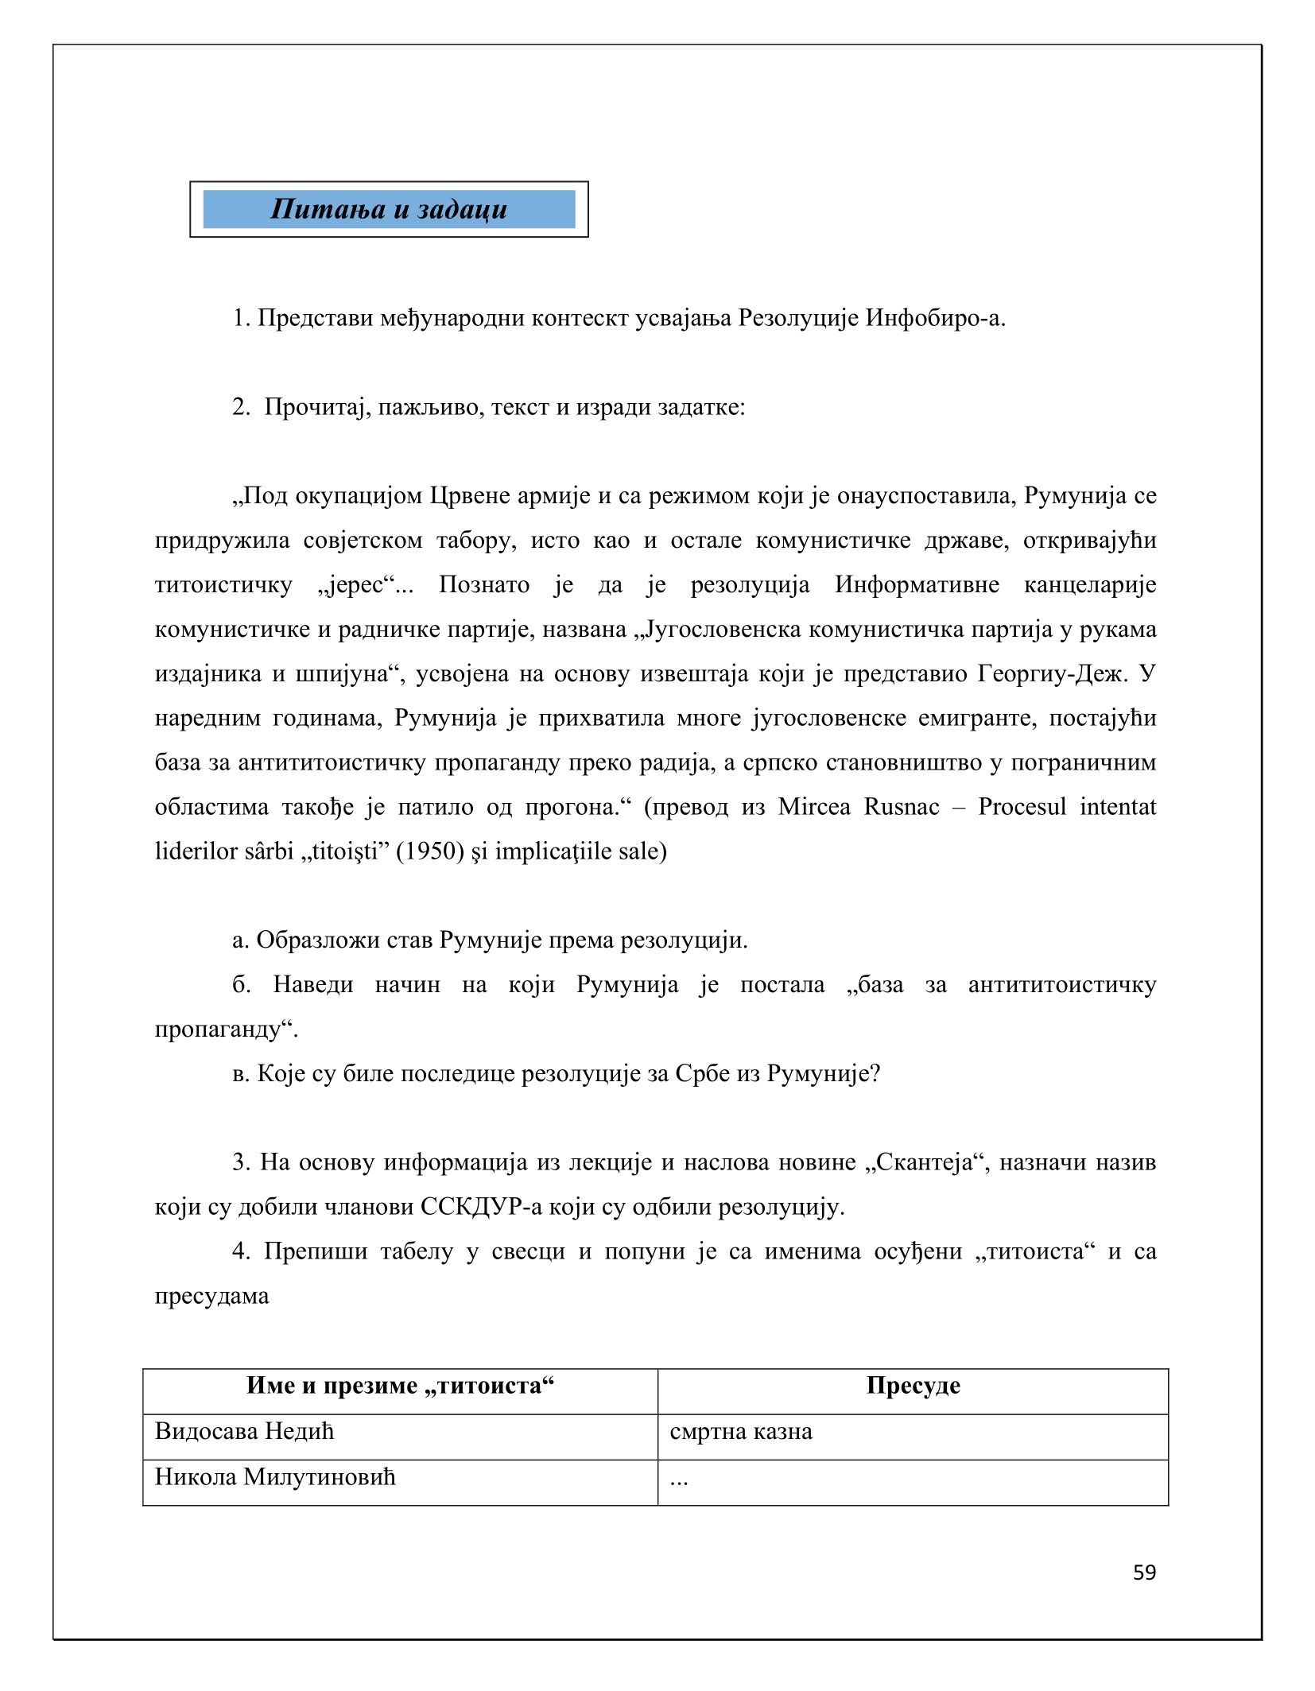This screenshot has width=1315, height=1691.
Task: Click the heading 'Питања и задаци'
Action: [x=388, y=209]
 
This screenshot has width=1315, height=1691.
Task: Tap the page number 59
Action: [x=1144, y=1573]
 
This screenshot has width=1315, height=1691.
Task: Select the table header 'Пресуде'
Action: [x=913, y=1386]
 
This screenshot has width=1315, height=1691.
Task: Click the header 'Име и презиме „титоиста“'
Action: [x=400, y=1386]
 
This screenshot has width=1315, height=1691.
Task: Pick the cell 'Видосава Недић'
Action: [x=244, y=1431]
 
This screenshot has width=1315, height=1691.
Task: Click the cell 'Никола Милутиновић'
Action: [x=274, y=1476]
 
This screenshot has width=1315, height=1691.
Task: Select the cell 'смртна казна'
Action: [x=740, y=1432]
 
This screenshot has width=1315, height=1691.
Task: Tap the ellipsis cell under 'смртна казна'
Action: [x=679, y=1479]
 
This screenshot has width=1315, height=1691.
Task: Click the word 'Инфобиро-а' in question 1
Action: [x=934, y=318]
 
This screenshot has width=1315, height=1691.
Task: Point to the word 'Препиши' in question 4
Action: [x=315, y=1251]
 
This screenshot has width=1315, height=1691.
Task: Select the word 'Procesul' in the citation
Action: [x=1022, y=807]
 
